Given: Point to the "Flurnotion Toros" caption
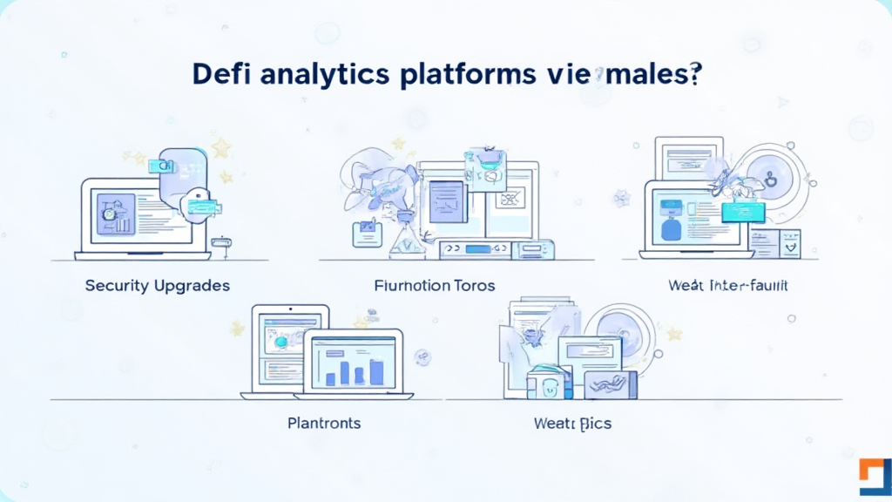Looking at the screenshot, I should (435, 286).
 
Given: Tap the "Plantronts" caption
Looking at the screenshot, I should (324, 424).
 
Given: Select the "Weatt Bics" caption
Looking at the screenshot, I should (572, 424).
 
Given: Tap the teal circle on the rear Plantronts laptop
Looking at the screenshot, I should (280, 343).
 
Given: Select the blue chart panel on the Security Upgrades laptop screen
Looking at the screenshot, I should (116, 214).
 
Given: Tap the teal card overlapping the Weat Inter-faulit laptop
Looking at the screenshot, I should (743, 211).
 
